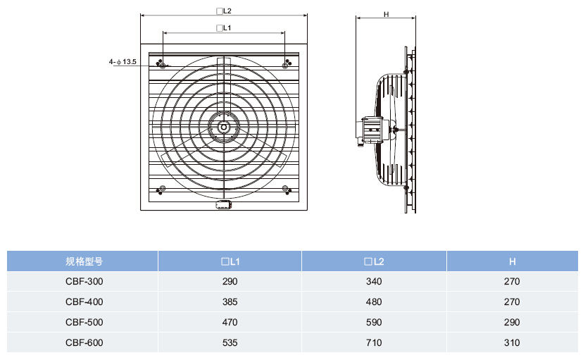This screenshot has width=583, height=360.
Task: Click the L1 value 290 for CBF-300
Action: coord(230,282)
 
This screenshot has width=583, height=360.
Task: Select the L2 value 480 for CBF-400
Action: coord(374,302)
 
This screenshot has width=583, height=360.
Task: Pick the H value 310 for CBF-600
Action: coord(512,343)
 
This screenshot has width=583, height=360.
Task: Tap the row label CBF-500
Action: coord(84,323)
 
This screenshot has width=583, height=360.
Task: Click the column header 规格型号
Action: coord(84,261)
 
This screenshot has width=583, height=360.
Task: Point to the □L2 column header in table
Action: coord(374,261)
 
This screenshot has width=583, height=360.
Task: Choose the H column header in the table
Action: coord(512,261)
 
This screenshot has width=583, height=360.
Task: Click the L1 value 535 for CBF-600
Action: coord(230,343)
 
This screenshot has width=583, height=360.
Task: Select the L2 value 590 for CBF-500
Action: coord(374,323)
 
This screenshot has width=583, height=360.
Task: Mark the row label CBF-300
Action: coord(84,282)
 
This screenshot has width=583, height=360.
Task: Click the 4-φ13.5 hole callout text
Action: coord(123,63)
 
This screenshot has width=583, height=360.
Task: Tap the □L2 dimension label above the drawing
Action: coord(224,11)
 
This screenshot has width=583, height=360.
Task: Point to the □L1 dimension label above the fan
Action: coord(224,28)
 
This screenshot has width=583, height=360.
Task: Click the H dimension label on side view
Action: coord(387,14)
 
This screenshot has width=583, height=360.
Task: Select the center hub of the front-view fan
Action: coord(223,128)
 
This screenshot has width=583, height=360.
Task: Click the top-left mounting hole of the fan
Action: coord(163,64)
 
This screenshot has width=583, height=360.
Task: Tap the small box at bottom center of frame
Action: coord(223,205)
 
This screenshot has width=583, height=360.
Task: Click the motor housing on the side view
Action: coord(370,130)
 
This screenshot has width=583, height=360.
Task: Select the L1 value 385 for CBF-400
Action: coord(230,302)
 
